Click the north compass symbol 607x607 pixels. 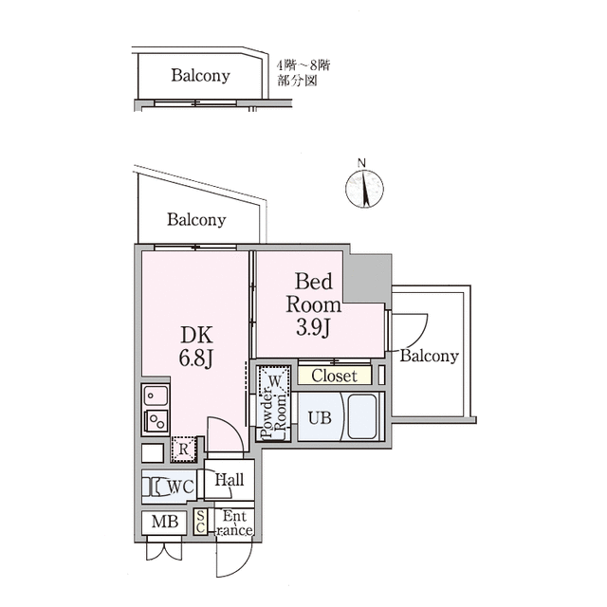tap(364, 188)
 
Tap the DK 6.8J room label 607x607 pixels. tap(196, 347)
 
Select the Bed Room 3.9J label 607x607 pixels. tap(314, 304)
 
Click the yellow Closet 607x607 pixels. tap(335, 376)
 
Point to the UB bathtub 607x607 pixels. tap(362, 416)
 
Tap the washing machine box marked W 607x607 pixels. tap(274, 380)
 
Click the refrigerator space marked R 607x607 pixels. tap(184, 449)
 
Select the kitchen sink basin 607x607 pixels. tap(156, 396)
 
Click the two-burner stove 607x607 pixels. tap(156, 421)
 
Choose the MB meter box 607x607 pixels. tap(164, 523)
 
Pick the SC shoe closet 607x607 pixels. tap(200, 522)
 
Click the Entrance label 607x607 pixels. tap(234, 523)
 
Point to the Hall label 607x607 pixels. tap(230, 480)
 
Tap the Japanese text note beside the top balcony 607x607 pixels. tap(303, 72)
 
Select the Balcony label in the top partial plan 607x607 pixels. tap(200, 75)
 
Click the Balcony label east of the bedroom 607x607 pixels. tap(429, 356)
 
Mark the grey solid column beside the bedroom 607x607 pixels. tap(368, 278)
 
